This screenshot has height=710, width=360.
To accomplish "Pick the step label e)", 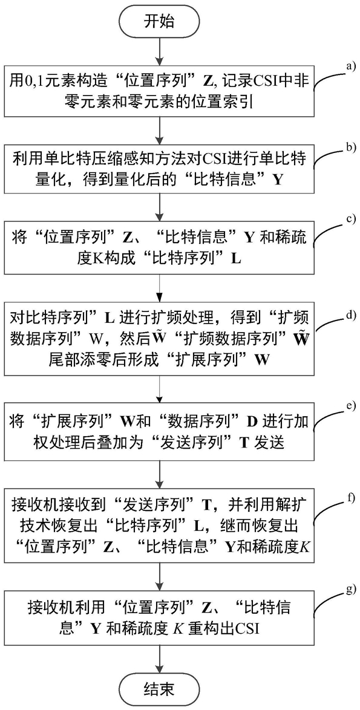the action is click(x=352, y=405).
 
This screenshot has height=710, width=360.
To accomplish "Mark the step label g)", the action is click(x=352, y=588).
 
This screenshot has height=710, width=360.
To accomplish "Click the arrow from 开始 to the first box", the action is click(x=159, y=51).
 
